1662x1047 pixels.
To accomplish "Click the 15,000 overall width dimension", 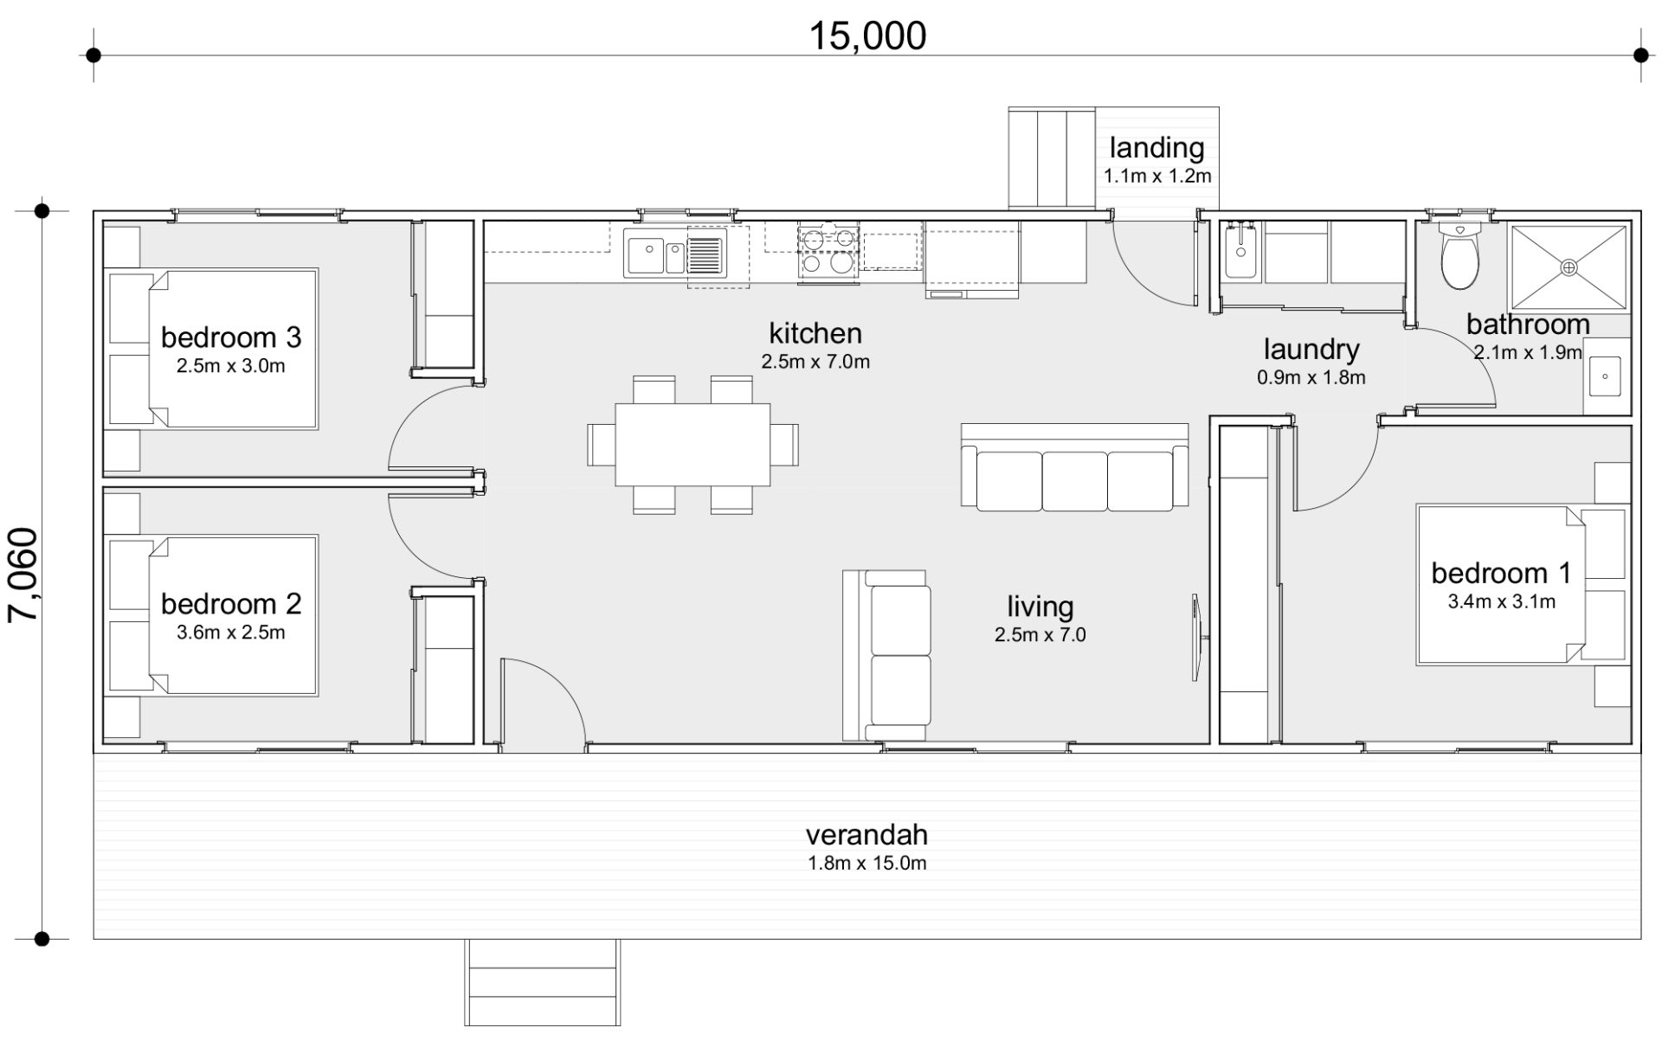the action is [867, 35].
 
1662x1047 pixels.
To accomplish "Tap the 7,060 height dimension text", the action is [23, 575].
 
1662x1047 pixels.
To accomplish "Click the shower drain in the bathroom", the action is [1569, 267].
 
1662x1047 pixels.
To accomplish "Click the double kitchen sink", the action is [654, 256].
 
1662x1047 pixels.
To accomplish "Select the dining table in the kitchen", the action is [692, 445].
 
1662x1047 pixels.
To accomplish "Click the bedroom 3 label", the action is [231, 337].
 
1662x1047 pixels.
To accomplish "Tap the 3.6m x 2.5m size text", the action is [231, 633].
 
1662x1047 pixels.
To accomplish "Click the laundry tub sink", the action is [1240, 251].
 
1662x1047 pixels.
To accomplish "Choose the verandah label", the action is [866, 835].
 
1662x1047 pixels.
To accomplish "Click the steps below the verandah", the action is [543, 982].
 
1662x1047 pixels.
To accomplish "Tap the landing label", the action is [1156, 148].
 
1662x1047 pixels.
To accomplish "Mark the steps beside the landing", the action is [1052, 158].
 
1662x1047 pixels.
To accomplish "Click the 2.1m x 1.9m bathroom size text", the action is [1528, 352].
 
